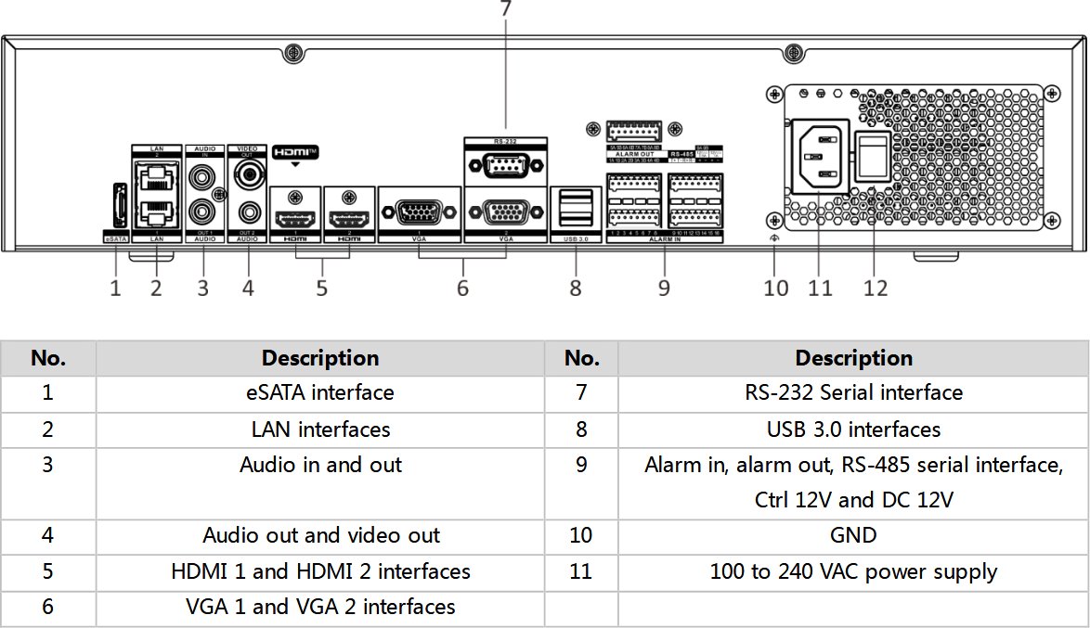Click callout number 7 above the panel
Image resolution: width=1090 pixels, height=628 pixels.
click(x=505, y=9)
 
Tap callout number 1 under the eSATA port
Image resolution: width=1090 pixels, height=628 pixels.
click(x=115, y=288)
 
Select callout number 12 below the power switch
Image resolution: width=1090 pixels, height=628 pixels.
click(x=876, y=288)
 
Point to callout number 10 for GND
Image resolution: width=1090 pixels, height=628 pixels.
click(x=776, y=288)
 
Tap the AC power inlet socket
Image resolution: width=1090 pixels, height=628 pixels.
click(x=819, y=155)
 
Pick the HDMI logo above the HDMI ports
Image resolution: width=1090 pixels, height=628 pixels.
click(x=295, y=152)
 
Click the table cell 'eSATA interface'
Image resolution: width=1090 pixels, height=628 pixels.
click(x=320, y=393)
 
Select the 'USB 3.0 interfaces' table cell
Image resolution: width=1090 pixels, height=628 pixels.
click(x=853, y=429)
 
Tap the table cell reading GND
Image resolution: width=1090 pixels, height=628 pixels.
click(x=853, y=536)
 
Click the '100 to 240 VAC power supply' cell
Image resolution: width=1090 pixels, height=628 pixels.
click(x=853, y=571)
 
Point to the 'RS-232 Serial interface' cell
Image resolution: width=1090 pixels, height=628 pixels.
click(x=853, y=393)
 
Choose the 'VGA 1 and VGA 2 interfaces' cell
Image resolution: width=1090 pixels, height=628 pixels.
click(x=320, y=608)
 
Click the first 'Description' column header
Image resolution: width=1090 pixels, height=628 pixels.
click(x=320, y=358)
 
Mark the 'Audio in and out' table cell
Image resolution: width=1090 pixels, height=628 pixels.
click(x=320, y=465)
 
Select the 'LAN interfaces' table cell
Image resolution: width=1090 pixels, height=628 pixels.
click(x=320, y=429)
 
